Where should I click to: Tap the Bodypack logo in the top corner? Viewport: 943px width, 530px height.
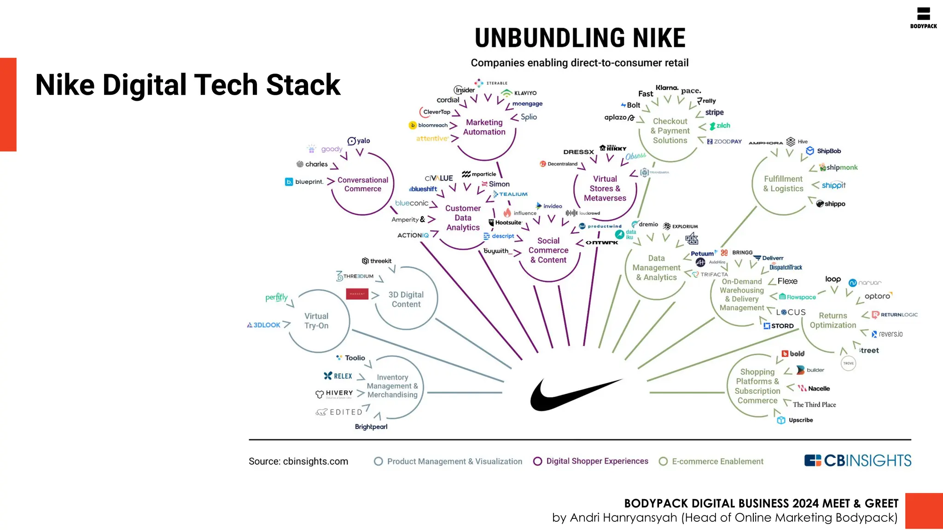click(x=923, y=18)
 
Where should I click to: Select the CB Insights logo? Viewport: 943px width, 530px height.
click(x=857, y=461)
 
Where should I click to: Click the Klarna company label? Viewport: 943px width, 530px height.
click(x=667, y=87)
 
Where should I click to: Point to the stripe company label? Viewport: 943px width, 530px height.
click(x=714, y=112)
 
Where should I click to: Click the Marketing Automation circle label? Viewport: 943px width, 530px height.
click(x=484, y=127)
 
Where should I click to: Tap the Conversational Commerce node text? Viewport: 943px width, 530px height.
click(x=363, y=184)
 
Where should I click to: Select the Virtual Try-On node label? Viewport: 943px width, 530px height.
click(x=316, y=321)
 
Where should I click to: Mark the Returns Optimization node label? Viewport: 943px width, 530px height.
click(x=833, y=320)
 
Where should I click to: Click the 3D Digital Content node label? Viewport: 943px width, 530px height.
click(x=406, y=300)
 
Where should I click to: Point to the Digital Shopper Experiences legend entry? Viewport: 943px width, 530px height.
click(x=591, y=461)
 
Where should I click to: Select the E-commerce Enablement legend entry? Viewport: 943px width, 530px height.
click(x=711, y=461)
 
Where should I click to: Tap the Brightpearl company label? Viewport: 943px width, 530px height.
click(x=371, y=427)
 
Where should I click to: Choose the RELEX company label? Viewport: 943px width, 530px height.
click(x=338, y=376)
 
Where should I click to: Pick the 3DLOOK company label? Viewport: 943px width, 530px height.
click(x=263, y=325)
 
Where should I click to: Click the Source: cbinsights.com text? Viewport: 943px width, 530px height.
click(x=298, y=461)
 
